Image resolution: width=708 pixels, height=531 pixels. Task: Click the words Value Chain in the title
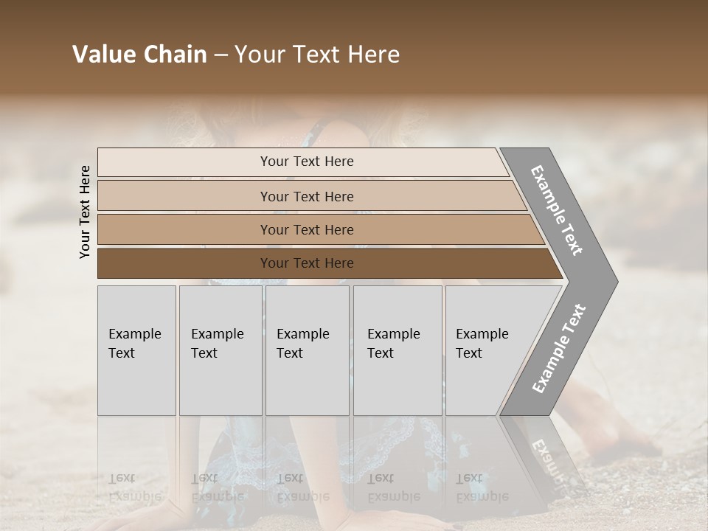pos(139,55)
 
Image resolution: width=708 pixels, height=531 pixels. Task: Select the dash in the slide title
pos(221,55)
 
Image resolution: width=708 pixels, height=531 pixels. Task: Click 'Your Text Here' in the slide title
pos(317,55)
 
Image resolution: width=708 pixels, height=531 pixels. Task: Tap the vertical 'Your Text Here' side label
pos(85,212)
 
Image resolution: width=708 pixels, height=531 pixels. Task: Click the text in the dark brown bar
pos(307,263)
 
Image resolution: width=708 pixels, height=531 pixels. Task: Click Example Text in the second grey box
pos(217,344)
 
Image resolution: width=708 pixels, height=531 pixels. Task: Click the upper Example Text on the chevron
pos(557,210)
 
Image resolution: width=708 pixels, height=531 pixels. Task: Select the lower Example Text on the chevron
pos(558,349)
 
